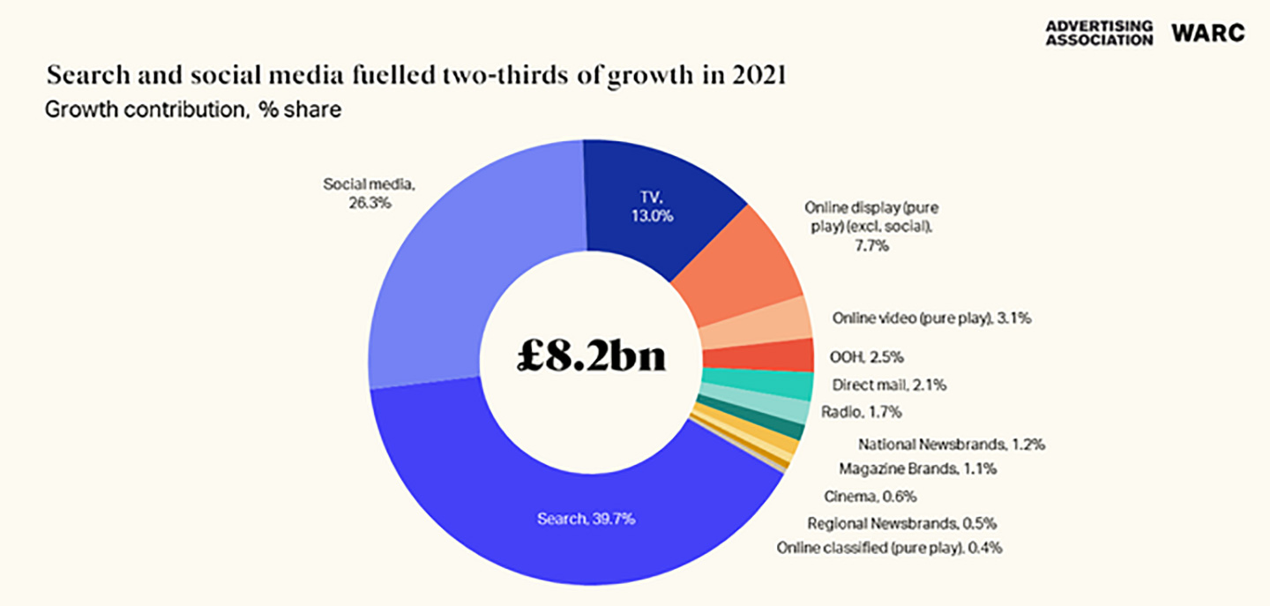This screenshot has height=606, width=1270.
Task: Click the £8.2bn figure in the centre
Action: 590,357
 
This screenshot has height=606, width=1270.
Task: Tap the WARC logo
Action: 1207,34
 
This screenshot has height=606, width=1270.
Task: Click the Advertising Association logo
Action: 1098,34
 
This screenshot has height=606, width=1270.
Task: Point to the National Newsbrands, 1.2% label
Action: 951,445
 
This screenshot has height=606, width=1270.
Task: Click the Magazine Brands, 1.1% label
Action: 917,469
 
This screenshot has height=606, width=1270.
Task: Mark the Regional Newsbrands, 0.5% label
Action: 908,522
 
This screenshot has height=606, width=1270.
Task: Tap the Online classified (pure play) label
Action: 889,548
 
